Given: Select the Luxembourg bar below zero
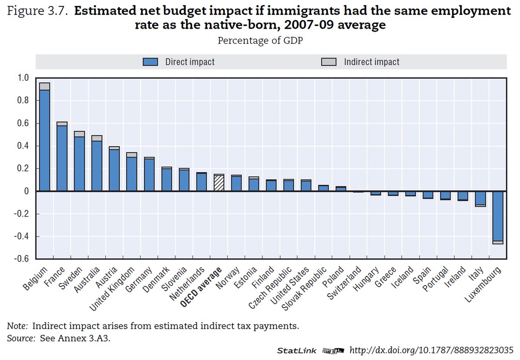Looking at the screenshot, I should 497,217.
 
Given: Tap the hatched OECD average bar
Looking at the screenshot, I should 219,183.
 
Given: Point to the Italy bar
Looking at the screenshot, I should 480,199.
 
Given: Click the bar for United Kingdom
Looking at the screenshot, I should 132,173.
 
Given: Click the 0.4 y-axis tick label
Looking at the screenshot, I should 23,146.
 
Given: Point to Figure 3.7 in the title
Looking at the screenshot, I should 36,10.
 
